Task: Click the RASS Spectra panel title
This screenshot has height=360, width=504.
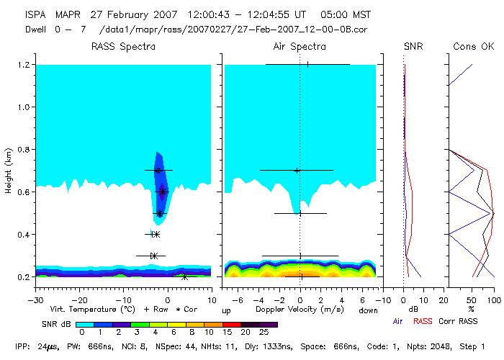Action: [x=123, y=47]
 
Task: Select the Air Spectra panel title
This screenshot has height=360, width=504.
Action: [x=300, y=47]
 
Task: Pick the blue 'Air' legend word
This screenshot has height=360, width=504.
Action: [x=400, y=322]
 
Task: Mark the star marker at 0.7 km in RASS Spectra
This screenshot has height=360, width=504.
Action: [x=158, y=171]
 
